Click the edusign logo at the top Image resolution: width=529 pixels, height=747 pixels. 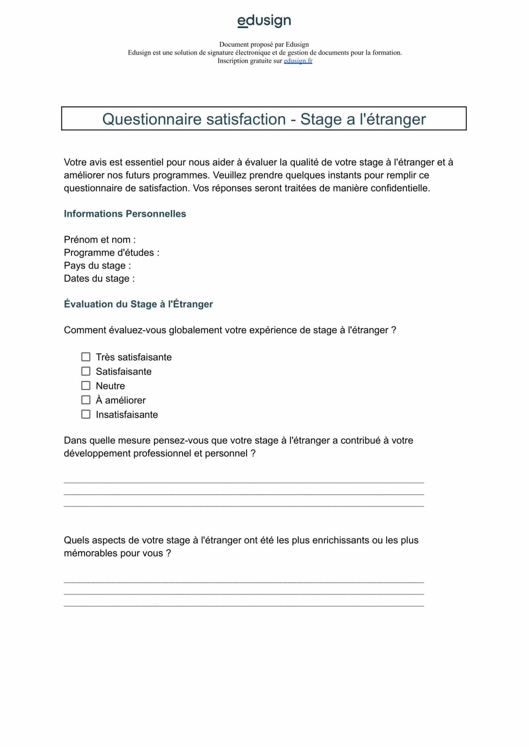[x=264, y=21]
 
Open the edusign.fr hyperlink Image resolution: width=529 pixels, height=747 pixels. [x=298, y=61]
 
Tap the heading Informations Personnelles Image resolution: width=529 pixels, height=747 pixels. [x=125, y=214]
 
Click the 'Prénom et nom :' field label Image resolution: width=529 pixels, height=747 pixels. [x=100, y=240]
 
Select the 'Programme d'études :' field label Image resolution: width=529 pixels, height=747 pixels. [x=111, y=252]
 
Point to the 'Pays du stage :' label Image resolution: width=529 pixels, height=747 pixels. [x=97, y=266]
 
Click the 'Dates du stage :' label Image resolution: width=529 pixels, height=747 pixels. [x=99, y=279]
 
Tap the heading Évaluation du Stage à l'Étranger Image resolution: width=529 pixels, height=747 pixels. [x=138, y=304]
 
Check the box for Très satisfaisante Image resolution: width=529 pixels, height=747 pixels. [x=86, y=357]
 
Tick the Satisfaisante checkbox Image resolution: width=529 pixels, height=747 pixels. [x=86, y=371]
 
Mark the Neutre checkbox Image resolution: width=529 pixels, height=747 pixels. [x=86, y=386]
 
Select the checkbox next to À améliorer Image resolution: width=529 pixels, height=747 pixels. [x=86, y=400]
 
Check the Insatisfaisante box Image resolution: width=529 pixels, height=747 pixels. [x=86, y=414]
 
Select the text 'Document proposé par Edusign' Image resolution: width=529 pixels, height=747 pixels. [x=264, y=44]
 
